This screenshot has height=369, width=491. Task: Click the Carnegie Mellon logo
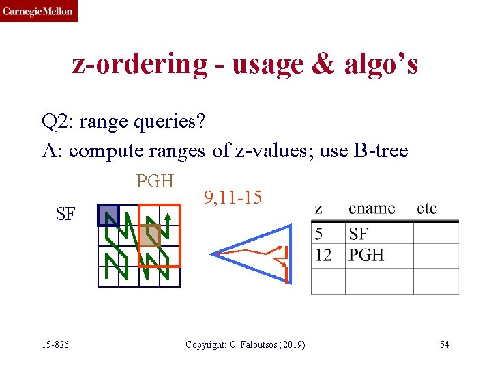(38, 11)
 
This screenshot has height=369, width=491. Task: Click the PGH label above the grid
(155, 181)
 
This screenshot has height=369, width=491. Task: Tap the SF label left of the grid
(65, 215)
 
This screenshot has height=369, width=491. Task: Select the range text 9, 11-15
(232, 198)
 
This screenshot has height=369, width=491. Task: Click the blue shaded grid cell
(108, 215)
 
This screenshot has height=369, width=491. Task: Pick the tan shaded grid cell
(149, 236)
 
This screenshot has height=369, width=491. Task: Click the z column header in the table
(319, 208)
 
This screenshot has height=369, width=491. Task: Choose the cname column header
(372, 208)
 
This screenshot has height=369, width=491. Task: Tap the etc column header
(427, 208)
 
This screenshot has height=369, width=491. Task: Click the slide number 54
(444, 344)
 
